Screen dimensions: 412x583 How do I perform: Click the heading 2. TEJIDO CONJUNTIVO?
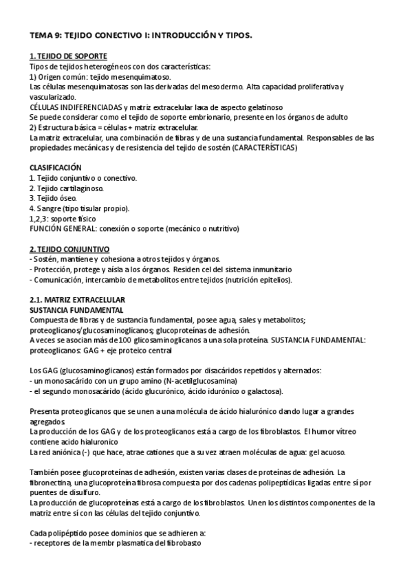(x=69, y=248)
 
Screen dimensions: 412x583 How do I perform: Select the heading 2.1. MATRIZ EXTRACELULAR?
(x=76, y=300)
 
